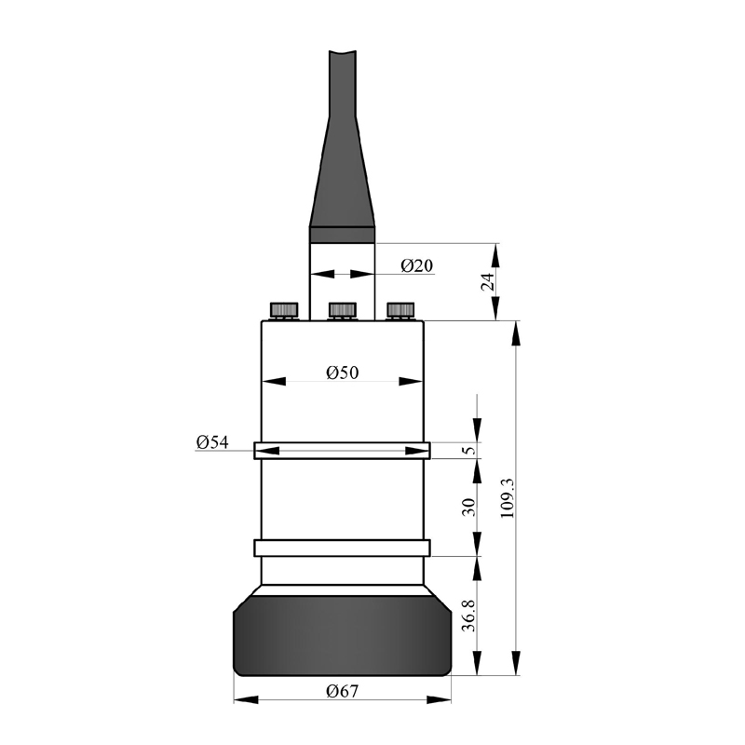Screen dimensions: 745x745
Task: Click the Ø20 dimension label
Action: [416, 265]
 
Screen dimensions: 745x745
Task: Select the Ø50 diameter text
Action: [342, 373]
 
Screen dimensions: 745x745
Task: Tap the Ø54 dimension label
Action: [212, 442]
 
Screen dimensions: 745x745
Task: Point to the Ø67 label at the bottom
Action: [342, 691]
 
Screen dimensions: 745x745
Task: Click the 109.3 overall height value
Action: [508, 498]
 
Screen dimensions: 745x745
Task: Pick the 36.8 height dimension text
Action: [468, 616]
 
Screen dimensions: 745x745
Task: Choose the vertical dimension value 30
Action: [468, 507]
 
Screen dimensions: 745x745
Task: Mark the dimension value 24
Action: [488, 282]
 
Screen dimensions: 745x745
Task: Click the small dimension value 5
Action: [469, 450]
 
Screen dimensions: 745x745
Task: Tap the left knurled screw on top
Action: [284, 311]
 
